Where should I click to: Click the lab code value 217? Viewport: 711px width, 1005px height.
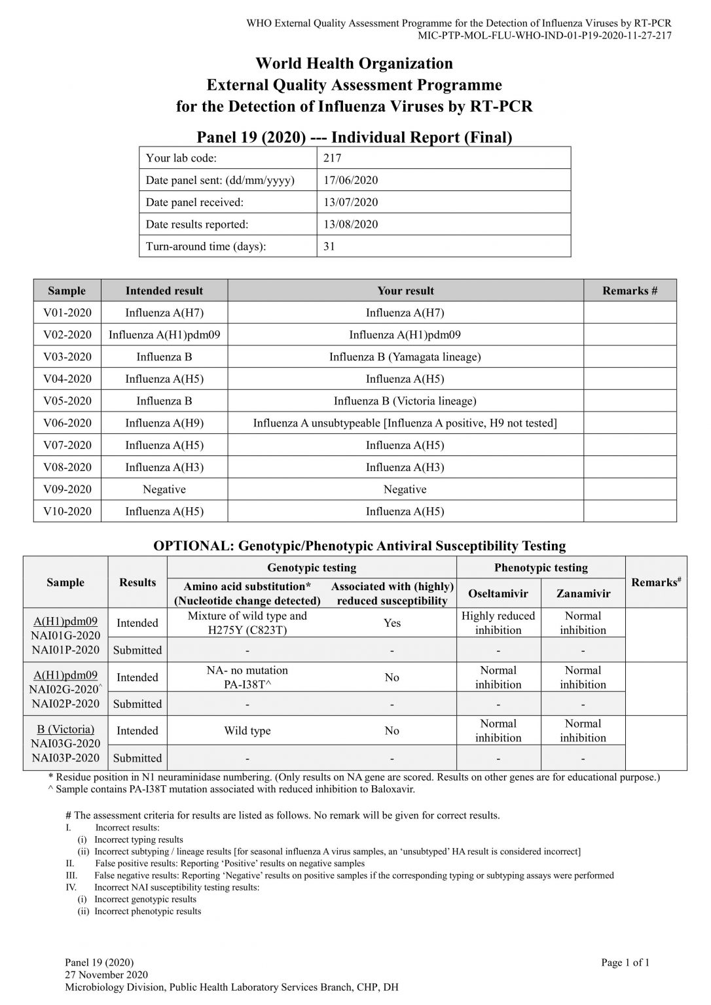(x=332, y=158)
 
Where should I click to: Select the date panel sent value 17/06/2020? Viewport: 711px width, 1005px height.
(x=350, y=180)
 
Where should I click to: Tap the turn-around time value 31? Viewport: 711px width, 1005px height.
(x=329, y=247)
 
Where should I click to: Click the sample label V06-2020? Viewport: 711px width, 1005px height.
(x=67, y=423)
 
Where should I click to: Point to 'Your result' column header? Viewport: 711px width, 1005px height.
(x=405, y=291)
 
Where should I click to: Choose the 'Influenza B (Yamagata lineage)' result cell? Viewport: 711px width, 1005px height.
(x=405, y=357)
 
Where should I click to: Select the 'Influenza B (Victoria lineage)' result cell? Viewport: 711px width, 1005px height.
(x=405, y=400)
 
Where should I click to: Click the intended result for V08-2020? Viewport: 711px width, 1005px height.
(x=164, y=467)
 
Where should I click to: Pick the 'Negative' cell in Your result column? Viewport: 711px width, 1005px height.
(x=405, y=489)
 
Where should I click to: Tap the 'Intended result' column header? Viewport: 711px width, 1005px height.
(x=164, y=291)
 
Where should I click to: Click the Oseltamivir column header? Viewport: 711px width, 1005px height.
(x=498, y=593)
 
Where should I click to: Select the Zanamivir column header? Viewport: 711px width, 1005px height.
(x=583, y=593)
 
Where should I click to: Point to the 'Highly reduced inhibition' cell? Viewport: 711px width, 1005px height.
(x=498, y=623)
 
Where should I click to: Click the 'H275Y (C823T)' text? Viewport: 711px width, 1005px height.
(x=247, y=630)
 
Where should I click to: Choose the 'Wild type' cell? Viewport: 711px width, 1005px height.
(x=247, y=731)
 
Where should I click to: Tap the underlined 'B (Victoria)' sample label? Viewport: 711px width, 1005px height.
(x=65, y=729)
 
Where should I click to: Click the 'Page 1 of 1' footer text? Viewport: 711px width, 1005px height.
(x=625, y=962)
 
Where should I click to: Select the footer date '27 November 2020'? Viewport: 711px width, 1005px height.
(x=106, y=975)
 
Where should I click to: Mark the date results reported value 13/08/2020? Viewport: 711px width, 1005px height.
(x=350, y=224)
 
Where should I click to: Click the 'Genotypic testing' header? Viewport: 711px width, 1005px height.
(x=312, y=567)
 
